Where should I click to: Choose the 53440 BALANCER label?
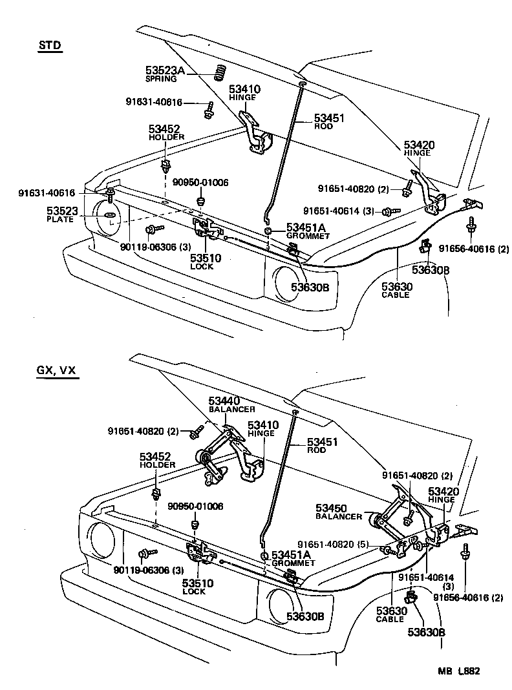[231, 404]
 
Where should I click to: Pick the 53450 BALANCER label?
[339, 512]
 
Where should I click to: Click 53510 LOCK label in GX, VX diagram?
[197, 587]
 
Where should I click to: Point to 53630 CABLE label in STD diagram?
[395, 290]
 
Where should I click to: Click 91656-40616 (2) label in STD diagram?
[474, 249]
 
